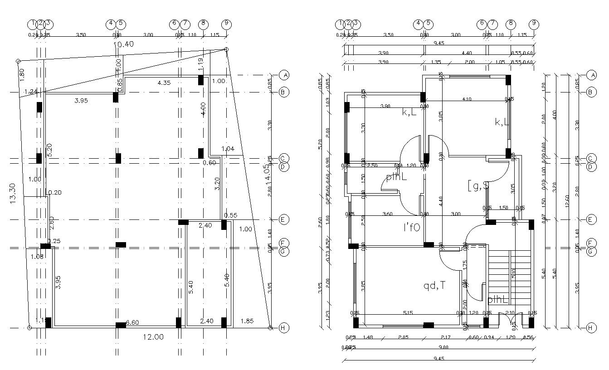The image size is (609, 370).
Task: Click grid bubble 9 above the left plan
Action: pos(226,23)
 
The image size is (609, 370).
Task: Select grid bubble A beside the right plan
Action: pos(591,75)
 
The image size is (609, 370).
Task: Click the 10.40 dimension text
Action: pos(123,44)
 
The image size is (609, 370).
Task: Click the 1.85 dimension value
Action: pos(247,321)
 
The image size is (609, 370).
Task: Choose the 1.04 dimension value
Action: pos(228,149)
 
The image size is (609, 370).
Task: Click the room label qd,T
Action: pos(434,286)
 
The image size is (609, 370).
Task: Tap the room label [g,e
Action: pos(477,185)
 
